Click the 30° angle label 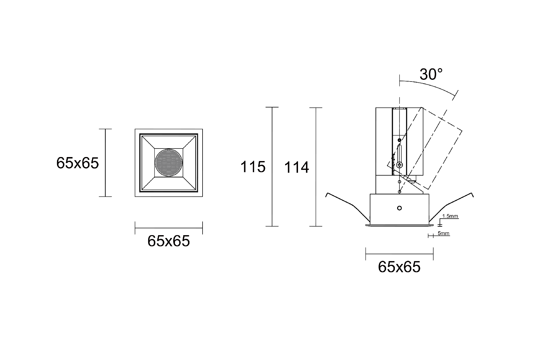coord(431,74)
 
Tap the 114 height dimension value coord(297,167)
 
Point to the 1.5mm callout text coord(450,216)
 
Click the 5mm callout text coord(443,233)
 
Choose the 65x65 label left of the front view coord(77,163)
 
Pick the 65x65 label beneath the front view coord(168,241)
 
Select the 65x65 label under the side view coord(399,267)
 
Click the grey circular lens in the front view coord(168,163)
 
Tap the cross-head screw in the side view coord(400,165)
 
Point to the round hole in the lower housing coord(399,208)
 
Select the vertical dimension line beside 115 coord(272,167)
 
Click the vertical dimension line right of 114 coord(316,167)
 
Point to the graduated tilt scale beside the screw coord(393,164)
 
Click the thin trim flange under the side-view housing coord(399,225)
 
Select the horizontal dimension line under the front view coord(168,228)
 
